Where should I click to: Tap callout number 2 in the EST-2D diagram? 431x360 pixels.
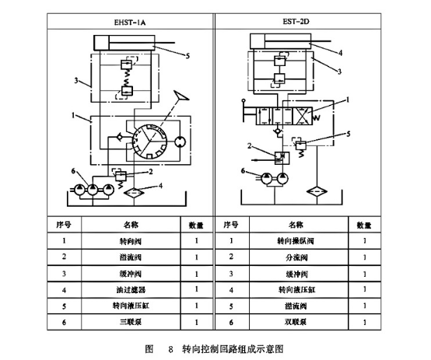pos(251,145)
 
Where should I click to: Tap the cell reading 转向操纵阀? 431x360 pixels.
pos(295,242)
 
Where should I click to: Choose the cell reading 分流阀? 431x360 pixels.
pos(295,257)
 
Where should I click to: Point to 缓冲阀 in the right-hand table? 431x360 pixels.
pos(295,274)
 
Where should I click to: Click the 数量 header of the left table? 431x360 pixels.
pos(196,225)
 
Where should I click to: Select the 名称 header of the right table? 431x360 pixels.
pos(295,225)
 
